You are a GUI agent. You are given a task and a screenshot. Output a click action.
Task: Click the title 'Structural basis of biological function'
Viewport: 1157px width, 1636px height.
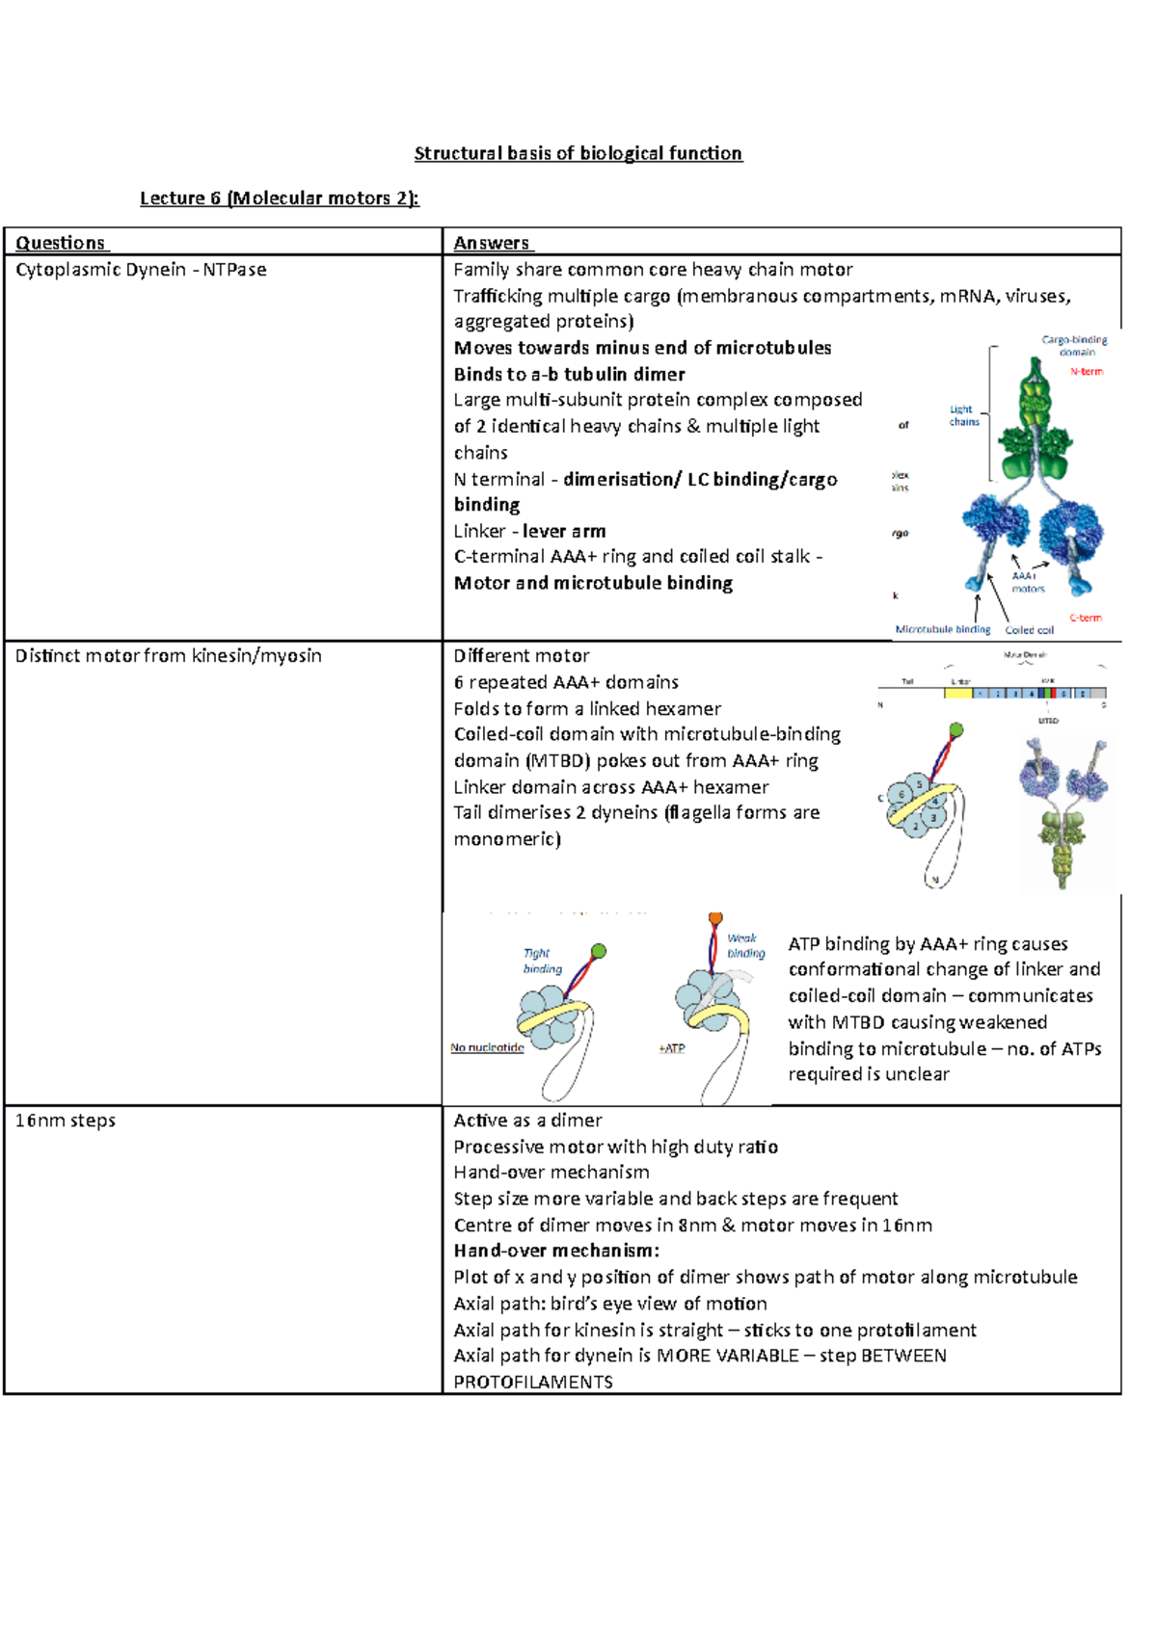[x=578, y=153]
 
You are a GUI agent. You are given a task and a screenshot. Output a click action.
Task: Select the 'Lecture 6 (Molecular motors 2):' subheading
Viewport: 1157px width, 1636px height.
[x=280, y=198]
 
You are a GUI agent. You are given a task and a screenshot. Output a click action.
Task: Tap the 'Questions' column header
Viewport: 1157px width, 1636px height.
[x=62, y=243]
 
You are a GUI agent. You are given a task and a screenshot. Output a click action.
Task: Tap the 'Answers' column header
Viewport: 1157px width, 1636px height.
[x=493, y=243]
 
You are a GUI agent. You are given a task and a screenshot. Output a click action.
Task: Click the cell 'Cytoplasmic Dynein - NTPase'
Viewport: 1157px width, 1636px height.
[x=141, y=270]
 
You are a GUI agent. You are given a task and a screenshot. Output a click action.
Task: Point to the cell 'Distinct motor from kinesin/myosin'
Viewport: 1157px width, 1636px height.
[x=169, y=656]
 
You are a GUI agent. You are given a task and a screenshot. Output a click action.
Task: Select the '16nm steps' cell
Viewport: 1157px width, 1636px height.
[x=66, y=1121]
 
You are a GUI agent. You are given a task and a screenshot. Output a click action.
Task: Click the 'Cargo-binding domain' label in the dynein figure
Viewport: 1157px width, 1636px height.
[x=1074, y=346]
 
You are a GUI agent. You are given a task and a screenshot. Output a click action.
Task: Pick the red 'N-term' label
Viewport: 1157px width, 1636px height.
[x=1086, y=372]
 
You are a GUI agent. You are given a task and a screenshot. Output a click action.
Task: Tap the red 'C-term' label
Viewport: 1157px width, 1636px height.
[x=1086, y=618]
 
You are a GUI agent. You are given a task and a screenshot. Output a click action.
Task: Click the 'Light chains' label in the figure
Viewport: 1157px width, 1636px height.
[x=963, y=415]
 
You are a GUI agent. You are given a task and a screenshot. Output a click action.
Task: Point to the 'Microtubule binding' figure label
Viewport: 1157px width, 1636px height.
[x=943, y=629]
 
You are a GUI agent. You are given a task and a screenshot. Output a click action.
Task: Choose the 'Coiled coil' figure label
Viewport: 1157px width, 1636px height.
[x=1029, y=630]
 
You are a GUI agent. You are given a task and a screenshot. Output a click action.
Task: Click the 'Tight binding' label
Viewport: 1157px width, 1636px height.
[x=541, y=961]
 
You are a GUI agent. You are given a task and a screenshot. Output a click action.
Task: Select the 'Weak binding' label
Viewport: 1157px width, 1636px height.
[x=745, y=945]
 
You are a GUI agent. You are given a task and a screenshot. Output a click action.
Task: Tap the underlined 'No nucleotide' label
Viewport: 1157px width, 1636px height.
[x=487, y=1047]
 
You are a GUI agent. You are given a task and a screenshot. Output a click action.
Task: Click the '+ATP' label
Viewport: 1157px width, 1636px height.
[x=672, y=1048]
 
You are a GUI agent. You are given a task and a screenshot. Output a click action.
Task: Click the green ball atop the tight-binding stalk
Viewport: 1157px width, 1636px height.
[x=599, y=951]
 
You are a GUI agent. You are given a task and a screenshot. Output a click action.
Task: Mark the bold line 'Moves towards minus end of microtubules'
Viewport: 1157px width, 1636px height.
[x=642, y=348]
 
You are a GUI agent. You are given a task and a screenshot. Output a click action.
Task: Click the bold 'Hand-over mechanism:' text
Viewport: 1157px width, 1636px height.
[x=556, y=1251]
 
